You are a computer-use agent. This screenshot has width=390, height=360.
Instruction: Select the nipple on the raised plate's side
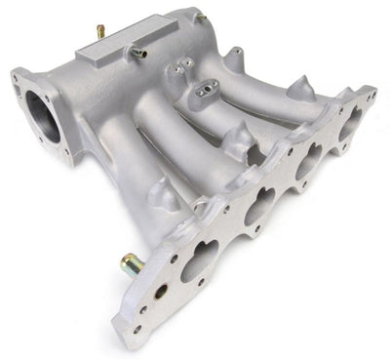pyautogui.click(x=138, y=54)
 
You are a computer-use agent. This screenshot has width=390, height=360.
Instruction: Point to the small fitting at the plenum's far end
pyautogui.click(x=199, y=17)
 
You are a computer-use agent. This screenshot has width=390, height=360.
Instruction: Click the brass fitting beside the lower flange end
pyautogui.click(x=130, y=262)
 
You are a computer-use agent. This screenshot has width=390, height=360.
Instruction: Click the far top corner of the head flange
pyautogui.click(x=370, y=92)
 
